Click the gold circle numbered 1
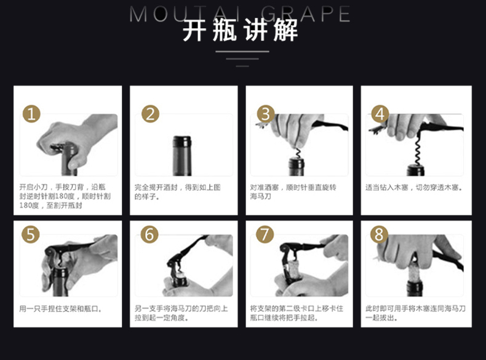tap(31, 114)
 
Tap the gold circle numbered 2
tap(150, 114)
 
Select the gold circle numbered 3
tap(266, 114)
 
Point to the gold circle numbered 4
tap(380, 114)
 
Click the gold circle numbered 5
tap(31, 234)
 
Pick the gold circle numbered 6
tap(149, 234)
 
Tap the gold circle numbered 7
tap(265, 234)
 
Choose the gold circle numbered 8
tap(379, 234)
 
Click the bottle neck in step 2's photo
tap(181, 156)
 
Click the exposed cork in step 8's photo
tap(414, 270)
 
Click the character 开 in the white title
tap(194, 30)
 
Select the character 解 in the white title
tap(285, 30)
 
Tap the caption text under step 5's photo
tap(61, 309)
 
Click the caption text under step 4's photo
tap(414, 187)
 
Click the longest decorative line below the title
tap(242, 52)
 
